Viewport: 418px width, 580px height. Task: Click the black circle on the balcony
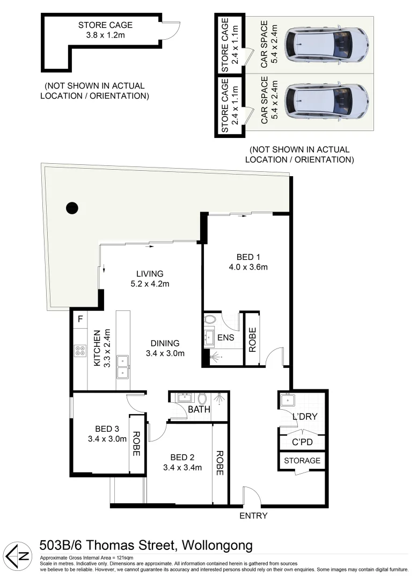click(72, 207)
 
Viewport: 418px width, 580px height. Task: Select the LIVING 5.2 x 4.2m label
click(149, 278)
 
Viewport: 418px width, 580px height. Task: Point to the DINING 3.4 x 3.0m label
click(165, 348)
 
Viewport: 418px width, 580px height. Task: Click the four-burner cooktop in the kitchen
click(80, 351)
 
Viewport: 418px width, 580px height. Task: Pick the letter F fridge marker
click(80, 319)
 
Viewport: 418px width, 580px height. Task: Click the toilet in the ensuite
click(210, 321)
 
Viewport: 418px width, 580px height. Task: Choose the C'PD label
click(302, 442)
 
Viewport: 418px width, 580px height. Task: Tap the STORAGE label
click(302, 460)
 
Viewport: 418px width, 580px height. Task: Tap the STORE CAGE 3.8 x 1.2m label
click(105, 30)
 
